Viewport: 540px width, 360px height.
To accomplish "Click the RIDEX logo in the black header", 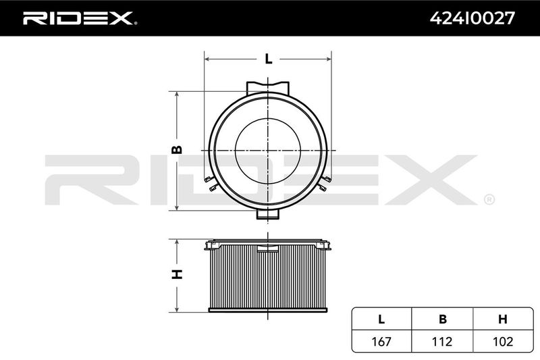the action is click(x=80, y=18).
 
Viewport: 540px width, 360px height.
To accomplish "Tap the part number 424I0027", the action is click(x=472, y=18).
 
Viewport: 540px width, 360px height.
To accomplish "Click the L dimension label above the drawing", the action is click(x=268, y=59).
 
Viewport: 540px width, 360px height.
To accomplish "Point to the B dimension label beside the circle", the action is click(x=177, y=149).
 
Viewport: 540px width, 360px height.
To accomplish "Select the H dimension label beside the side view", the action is click(x=177, y=274).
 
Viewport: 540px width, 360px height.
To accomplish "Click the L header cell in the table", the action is click(x=381, y=319).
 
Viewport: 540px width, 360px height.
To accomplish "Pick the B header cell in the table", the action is click(x=443, y=319).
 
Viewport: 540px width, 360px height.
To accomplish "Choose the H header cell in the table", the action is click(x=503, y=319).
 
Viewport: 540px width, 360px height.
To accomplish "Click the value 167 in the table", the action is click(x=381, y=341).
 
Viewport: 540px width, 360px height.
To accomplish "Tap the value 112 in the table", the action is click(x=442, y=341).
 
